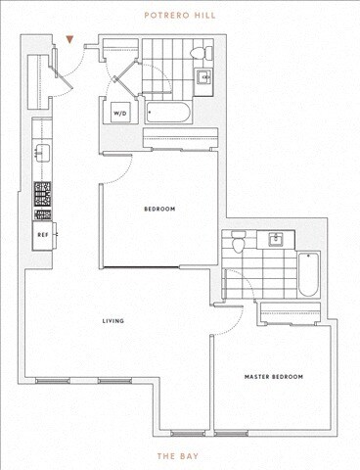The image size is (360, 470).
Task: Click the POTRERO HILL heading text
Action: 180,16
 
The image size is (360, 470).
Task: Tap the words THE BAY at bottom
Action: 180,456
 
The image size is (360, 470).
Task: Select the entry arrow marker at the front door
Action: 69,41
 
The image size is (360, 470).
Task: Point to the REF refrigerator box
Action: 44,235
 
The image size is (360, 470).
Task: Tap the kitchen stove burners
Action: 43,200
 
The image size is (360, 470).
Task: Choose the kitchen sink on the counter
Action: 42,152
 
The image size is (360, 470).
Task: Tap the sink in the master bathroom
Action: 275,238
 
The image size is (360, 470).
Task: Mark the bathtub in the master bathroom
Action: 307,275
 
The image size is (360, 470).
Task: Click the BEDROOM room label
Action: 159,209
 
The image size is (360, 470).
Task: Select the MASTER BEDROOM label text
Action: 273,376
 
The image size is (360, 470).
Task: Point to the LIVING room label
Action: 113,320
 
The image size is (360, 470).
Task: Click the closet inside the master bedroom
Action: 294,313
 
